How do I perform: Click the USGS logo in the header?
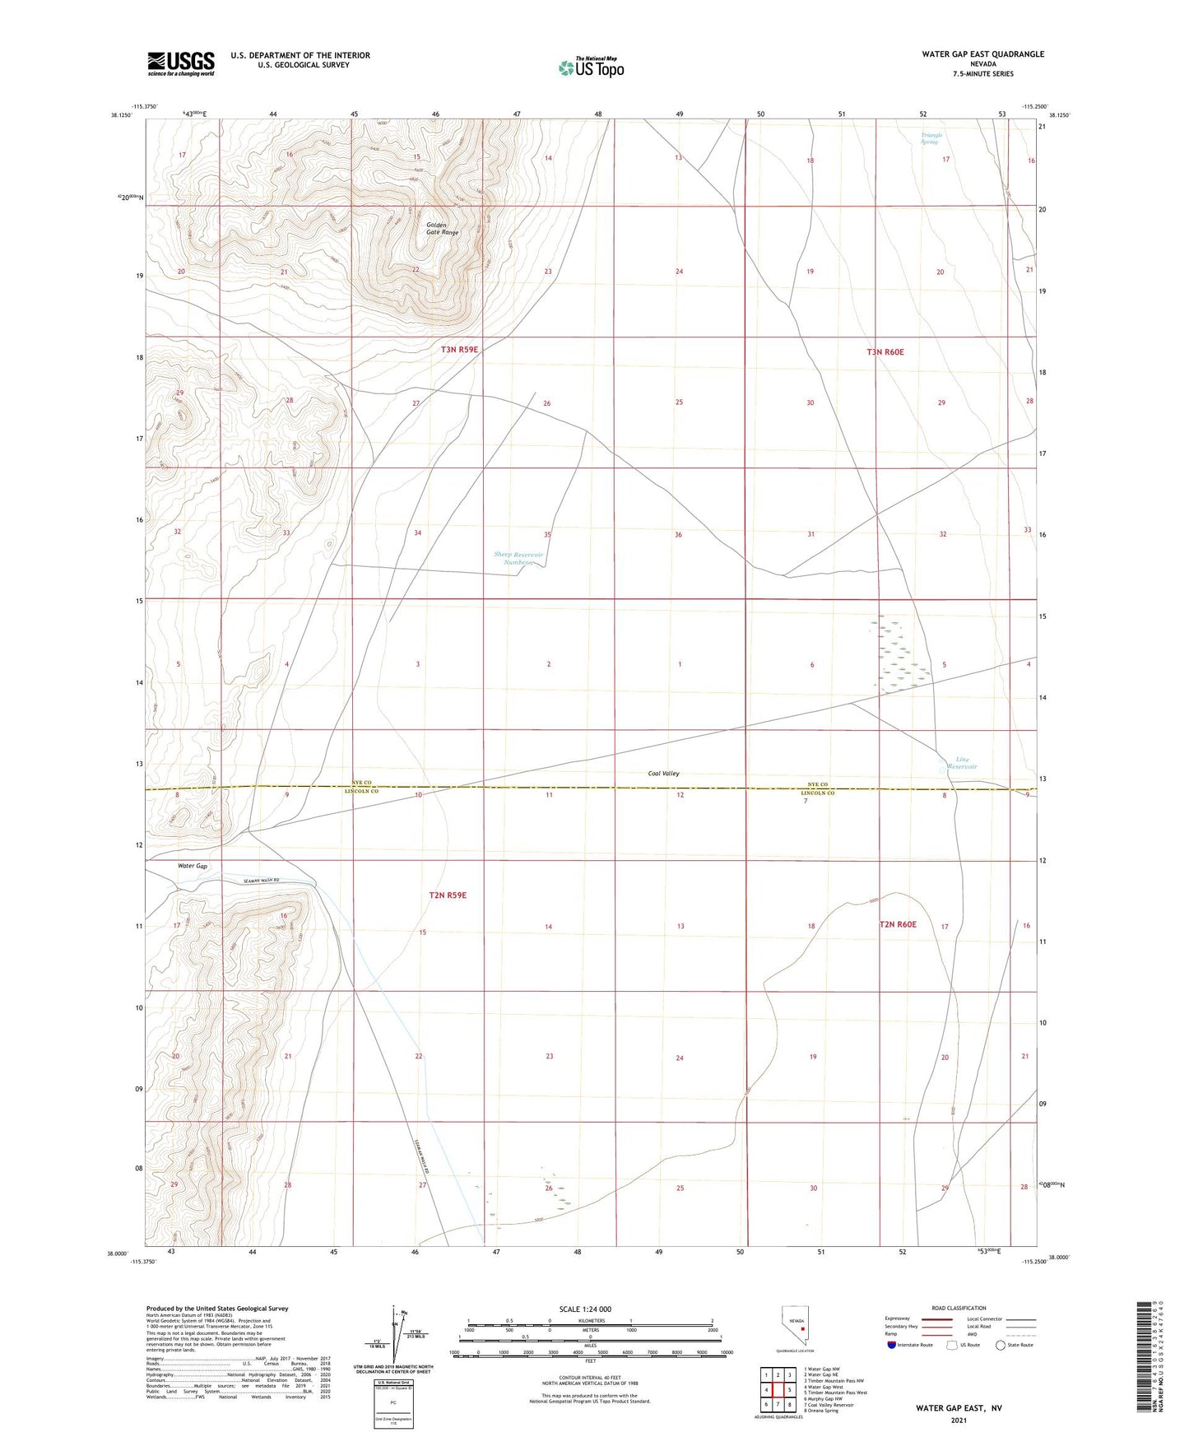pyautogui.click(x=180, y=63)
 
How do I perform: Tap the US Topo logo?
pyautogui.click(x=590, y=67)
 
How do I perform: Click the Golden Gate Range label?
pyautogui.click(x=442, y=229)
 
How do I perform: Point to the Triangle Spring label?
pyautogui.click(x=930, y=138)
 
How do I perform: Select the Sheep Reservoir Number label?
pyautogui.click(x=518, y=559)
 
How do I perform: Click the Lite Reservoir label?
pyautogui.click(x=961, y=763)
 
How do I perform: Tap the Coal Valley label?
pyautogui.click(x=664, y=774)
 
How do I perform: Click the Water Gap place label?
pyautogui.click(x=193, y=866)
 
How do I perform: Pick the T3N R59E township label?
pyautogui.click(x=459, y=350)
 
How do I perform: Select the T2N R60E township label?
pyautogui.click(x=898, y=924)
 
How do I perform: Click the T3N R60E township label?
pyautogui.click(x=885, y=352)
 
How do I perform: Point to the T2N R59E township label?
pyautogui.click(x=448, y=895)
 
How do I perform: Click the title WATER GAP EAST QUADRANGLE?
pyautogui.click(x=982, y=54)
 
